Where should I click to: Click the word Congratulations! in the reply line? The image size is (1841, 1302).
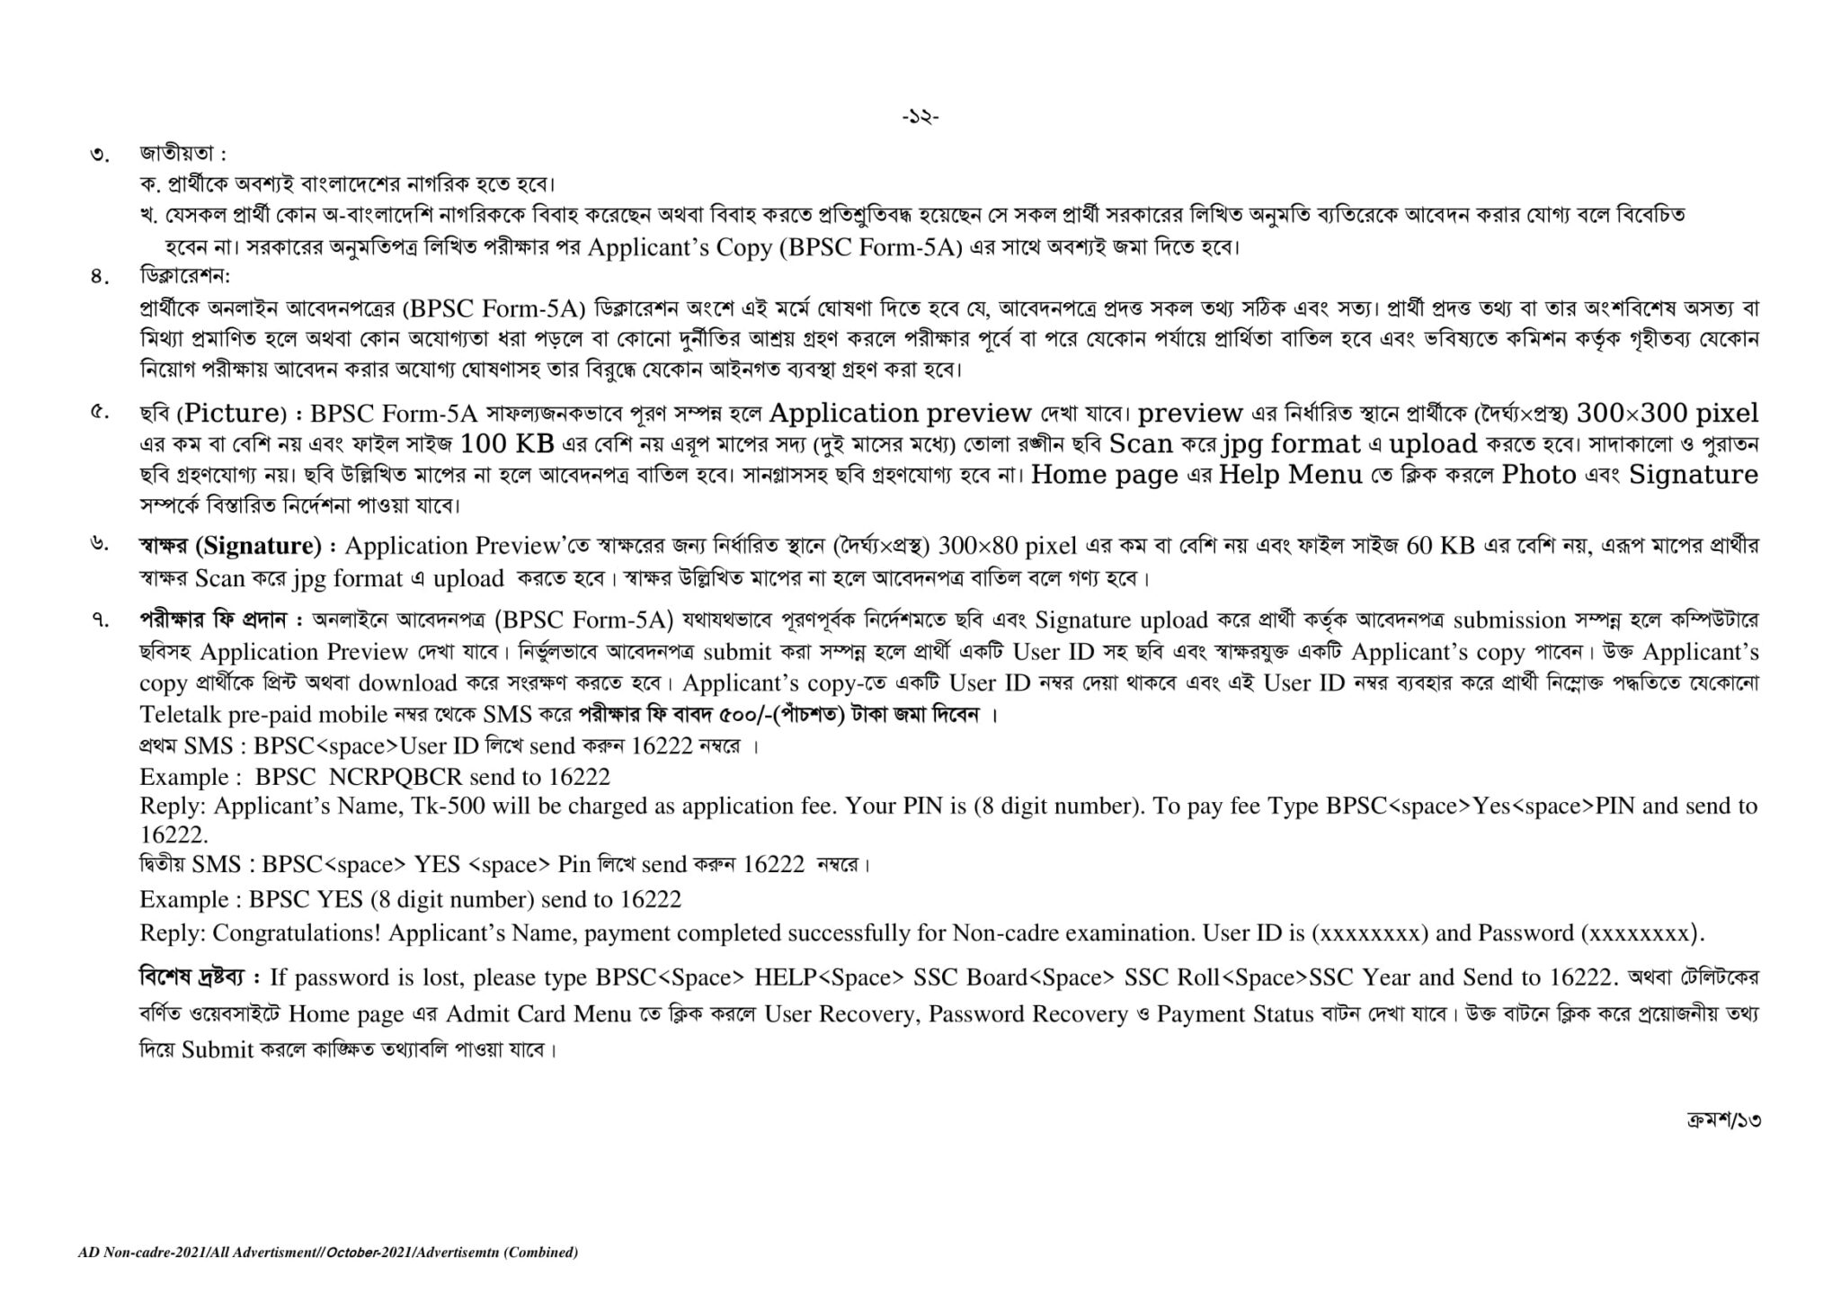click(296, 933)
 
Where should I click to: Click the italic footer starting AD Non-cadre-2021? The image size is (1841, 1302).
click(328, 1252)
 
